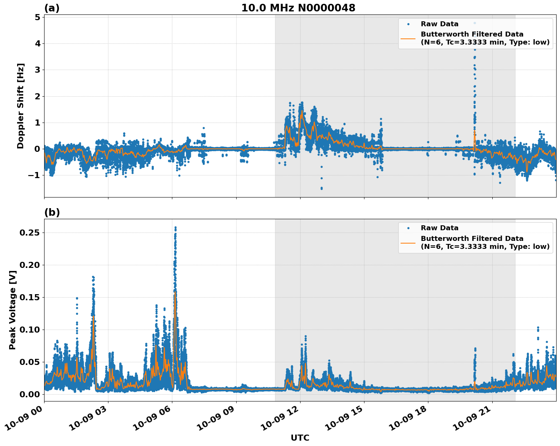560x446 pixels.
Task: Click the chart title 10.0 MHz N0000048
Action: (298, 8)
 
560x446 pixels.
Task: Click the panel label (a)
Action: (52, 8)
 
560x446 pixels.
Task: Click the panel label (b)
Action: (52, 212)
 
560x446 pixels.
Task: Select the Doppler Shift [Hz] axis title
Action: (21, 106)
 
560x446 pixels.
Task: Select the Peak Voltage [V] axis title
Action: (13, 310)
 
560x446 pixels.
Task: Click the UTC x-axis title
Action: (300, 438)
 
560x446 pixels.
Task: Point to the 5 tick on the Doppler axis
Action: (37, 17)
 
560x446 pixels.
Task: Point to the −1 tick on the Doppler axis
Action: (34, 175)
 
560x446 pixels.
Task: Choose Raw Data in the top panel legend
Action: (439, 24)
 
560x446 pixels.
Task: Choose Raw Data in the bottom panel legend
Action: (439, 228)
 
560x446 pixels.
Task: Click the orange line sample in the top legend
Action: (408, 38)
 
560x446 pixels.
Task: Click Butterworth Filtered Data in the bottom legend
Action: (472, 239)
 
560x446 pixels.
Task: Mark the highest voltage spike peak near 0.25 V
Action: (175, 228)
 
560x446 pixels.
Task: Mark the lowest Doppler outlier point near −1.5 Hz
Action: (321, 188)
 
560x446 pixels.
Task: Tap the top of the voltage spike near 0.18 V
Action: (93, 277)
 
